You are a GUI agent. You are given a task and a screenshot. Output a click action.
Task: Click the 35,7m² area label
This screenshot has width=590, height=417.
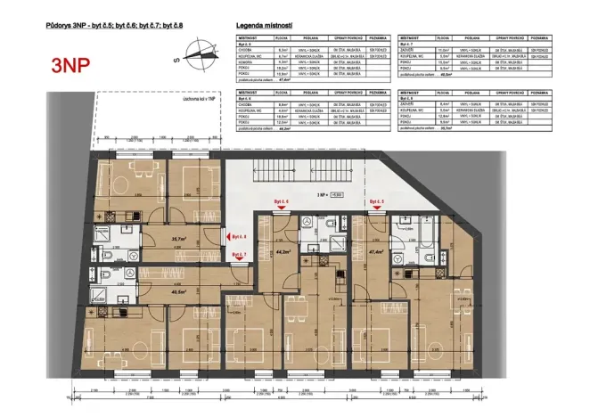click(178, 239)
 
